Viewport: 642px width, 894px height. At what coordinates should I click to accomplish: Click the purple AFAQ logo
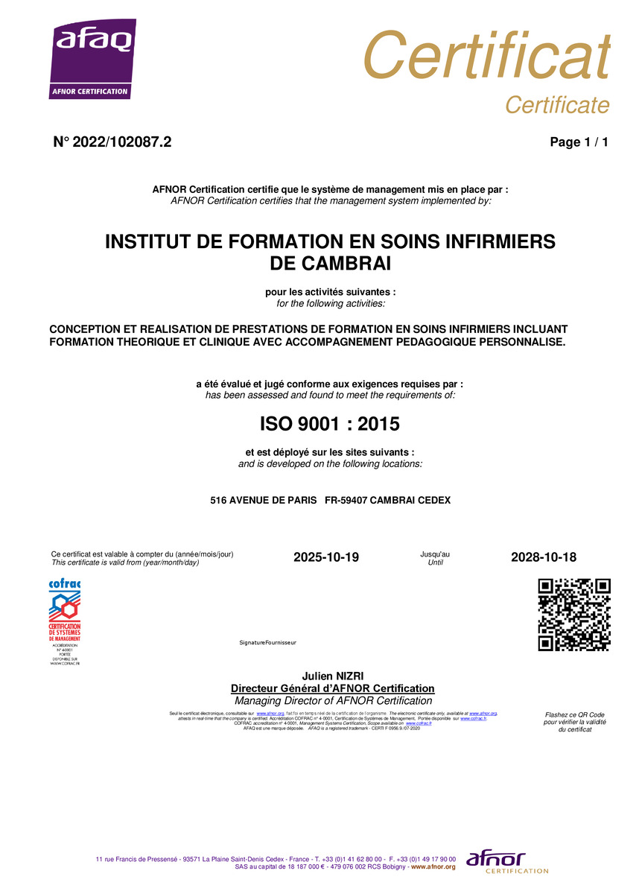tap(92, 60)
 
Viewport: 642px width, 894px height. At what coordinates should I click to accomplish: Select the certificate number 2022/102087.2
tap(124, 142)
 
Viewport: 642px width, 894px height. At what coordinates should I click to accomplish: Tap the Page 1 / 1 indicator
tap(579, 142)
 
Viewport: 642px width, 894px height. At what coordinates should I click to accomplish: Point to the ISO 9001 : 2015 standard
tap(330, 424)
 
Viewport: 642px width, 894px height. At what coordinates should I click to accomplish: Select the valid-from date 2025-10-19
tap(326, 557)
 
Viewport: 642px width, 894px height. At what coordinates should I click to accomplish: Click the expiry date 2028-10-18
tap(544, 557)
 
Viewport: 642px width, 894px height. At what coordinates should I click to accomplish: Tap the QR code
tap(573, 615)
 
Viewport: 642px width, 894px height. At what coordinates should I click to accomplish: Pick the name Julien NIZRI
tap(332, 676)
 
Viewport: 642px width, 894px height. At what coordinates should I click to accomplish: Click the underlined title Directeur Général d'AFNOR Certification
tap(332, 688)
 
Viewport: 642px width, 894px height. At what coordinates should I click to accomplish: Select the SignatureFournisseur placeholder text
tap(267, 642)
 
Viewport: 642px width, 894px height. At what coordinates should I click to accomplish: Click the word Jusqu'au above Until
tap(435, 554)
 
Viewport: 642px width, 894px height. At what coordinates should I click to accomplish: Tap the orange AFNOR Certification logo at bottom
tap(506, 863)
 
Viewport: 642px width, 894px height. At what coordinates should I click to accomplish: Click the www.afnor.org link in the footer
tap(433, 867)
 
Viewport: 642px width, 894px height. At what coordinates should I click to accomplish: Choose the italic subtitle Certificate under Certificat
tap(557, 105)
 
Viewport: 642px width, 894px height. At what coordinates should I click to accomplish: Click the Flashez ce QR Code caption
tap(574, 714)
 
